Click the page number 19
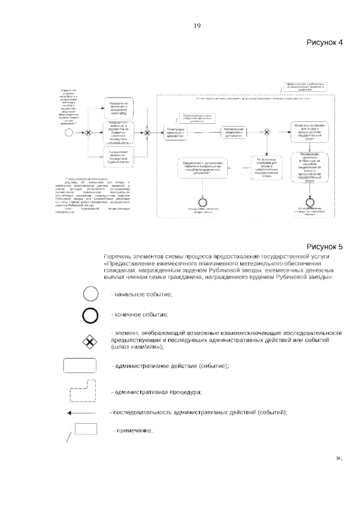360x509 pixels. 197,26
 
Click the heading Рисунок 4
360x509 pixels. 324,42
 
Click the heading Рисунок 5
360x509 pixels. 324,247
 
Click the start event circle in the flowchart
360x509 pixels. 69,132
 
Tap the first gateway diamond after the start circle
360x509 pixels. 88,132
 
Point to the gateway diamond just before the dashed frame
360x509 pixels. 147,132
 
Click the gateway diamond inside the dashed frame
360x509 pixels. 266,132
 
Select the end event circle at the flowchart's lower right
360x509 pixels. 309,201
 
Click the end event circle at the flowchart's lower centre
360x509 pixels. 203,202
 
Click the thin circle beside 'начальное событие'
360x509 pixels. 91,294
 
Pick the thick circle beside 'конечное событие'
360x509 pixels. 91,315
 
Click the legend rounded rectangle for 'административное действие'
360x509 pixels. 80,365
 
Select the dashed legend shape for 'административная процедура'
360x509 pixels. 82,391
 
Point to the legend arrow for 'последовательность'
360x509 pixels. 82,413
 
